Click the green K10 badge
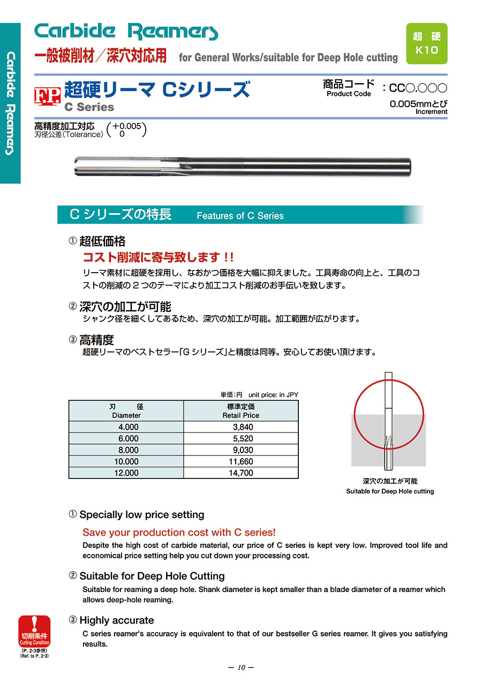coord(427,43)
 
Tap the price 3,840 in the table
coord(243,427)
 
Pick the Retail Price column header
coord(241,411)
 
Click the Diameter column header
coord(126,411)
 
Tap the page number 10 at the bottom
coord(240,668)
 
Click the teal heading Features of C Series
coord(240,215)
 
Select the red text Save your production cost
coord(179,533)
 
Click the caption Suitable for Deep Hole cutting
coord(390,491)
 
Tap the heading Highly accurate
coord(116,620)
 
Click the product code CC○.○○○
coord(417,87)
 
